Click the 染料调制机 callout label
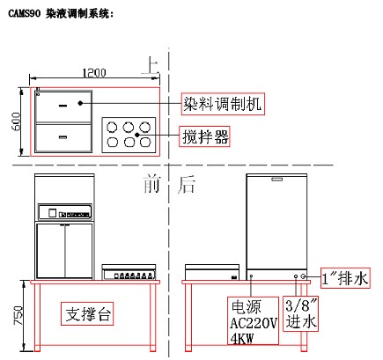(x=223, y=104)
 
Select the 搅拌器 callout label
(x=204, y=136)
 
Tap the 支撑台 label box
(x=87, y=313)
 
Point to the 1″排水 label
(x=345, y=278)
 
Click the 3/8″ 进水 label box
(x=301, y=313)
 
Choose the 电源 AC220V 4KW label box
(x=253, y=320)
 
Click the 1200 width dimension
(x=94, y=73)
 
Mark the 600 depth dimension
(x=16, y=121)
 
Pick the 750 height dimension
(x=18, y=315)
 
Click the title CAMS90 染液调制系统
(x=61, y=13)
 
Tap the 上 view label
(x=151, y=66)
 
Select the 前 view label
(x=151, y=184)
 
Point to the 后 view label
(x=186, y=185)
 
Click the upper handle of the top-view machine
(x=63, y=106)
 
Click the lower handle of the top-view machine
(x=63, y=137)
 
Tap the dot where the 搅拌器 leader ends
(x=137, y=135)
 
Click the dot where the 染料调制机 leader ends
(x=80, y=103)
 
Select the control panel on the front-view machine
(x=65, y=212)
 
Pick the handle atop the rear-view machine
(x=276, y=179)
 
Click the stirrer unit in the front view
(x=129, y=272)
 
